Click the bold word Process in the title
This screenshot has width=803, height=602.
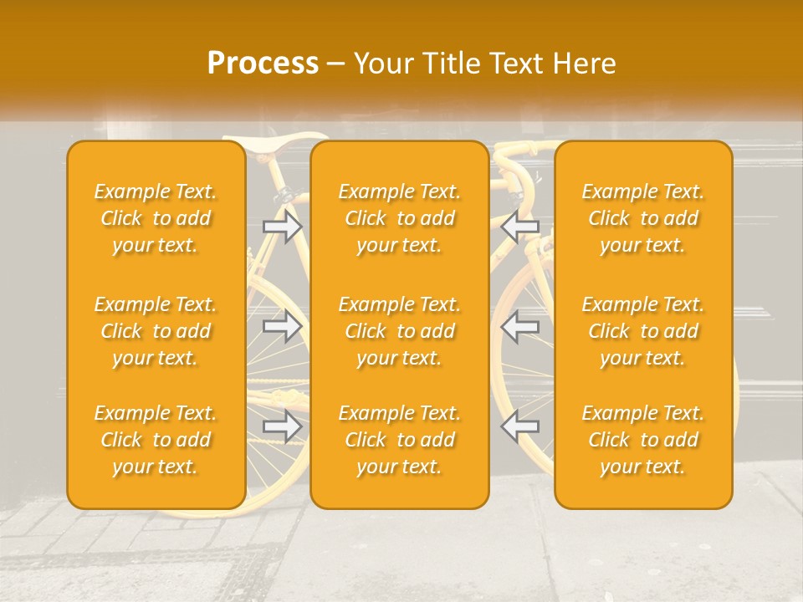click(263, 64)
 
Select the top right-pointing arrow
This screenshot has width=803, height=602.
click(282, 226)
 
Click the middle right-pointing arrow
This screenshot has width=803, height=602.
click(282, 326)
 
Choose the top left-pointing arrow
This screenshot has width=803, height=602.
click(520, 226)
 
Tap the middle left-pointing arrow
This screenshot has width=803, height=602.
click(520, 326)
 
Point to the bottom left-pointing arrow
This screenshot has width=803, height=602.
click(520, 426)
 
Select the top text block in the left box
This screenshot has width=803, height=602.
click(156, 218)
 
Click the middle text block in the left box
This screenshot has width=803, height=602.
click(156, 331)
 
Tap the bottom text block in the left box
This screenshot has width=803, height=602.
click(156, 440)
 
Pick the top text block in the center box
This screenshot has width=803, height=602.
click(399, 218)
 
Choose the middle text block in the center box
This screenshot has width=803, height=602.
click(399, 331)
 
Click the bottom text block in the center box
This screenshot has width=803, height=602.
click(399, 440)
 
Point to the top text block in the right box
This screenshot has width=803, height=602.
click(642, 218)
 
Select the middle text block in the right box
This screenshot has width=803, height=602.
click(642, 331)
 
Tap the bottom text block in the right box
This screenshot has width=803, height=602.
click(642, 440)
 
